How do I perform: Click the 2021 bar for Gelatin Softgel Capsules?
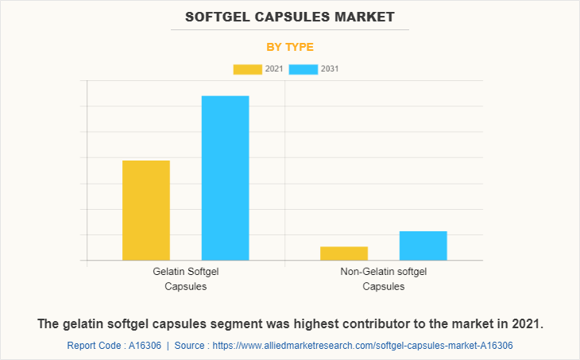pos(146,210)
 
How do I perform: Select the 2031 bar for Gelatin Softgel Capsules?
pos(225,178)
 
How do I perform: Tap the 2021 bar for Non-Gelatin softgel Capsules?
pos(344,254)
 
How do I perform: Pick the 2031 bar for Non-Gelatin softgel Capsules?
pos(423,246)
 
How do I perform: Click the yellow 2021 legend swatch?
pos(247,69)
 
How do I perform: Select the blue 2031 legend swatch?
pos(303,69)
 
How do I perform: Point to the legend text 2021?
pos(274,69)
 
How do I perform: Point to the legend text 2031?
pos(330,69)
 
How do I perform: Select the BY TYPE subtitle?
pos(290,47)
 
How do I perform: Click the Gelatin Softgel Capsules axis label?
pos(186,279)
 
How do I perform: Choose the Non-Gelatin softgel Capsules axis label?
pos(384,279)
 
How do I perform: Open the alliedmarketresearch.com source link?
pos(365,346)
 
